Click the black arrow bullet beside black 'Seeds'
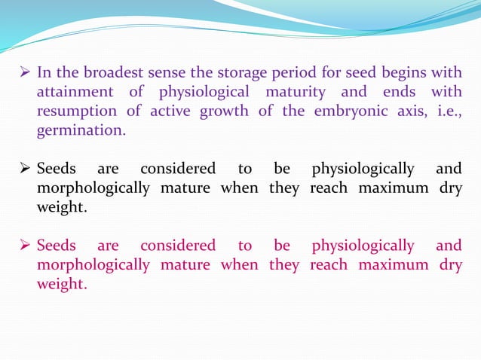click(25, 168)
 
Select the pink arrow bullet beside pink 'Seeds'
click(25, 246)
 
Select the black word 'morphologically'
click(93, 188)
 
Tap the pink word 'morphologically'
click(93, 266)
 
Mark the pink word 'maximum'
click(396, 266)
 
